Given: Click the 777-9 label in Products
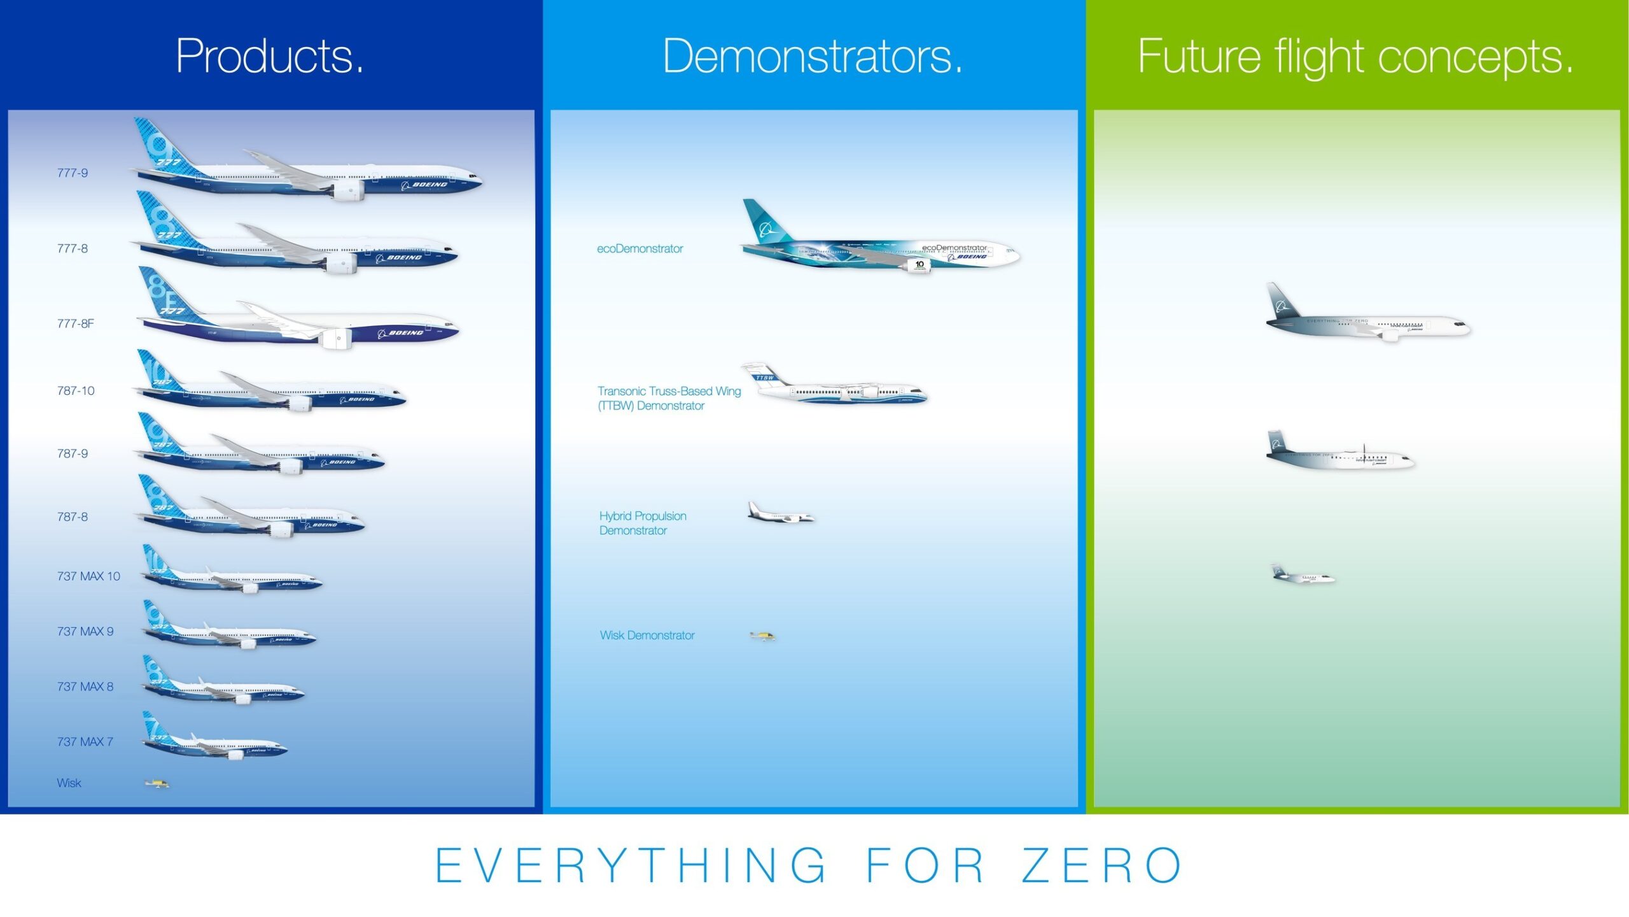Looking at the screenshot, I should click(73, 173).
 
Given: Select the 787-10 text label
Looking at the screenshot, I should click(76, 390).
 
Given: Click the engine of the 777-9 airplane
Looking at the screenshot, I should click(347, 190).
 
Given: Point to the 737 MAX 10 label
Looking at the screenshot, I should click(88, 576).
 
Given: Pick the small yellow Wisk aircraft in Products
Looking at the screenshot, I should click(157, 783).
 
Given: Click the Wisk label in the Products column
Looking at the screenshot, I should click(69, 783).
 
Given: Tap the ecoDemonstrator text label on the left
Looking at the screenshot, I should click(640, 248).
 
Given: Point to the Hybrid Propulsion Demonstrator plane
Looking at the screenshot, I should click(780, 515).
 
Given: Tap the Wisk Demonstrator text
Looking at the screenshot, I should click(647, 635).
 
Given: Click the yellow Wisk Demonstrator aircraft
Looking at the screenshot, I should click(762, 636).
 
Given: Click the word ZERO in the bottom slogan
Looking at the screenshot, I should click(1102, 865).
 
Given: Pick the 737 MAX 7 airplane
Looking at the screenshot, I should click(216, 742).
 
